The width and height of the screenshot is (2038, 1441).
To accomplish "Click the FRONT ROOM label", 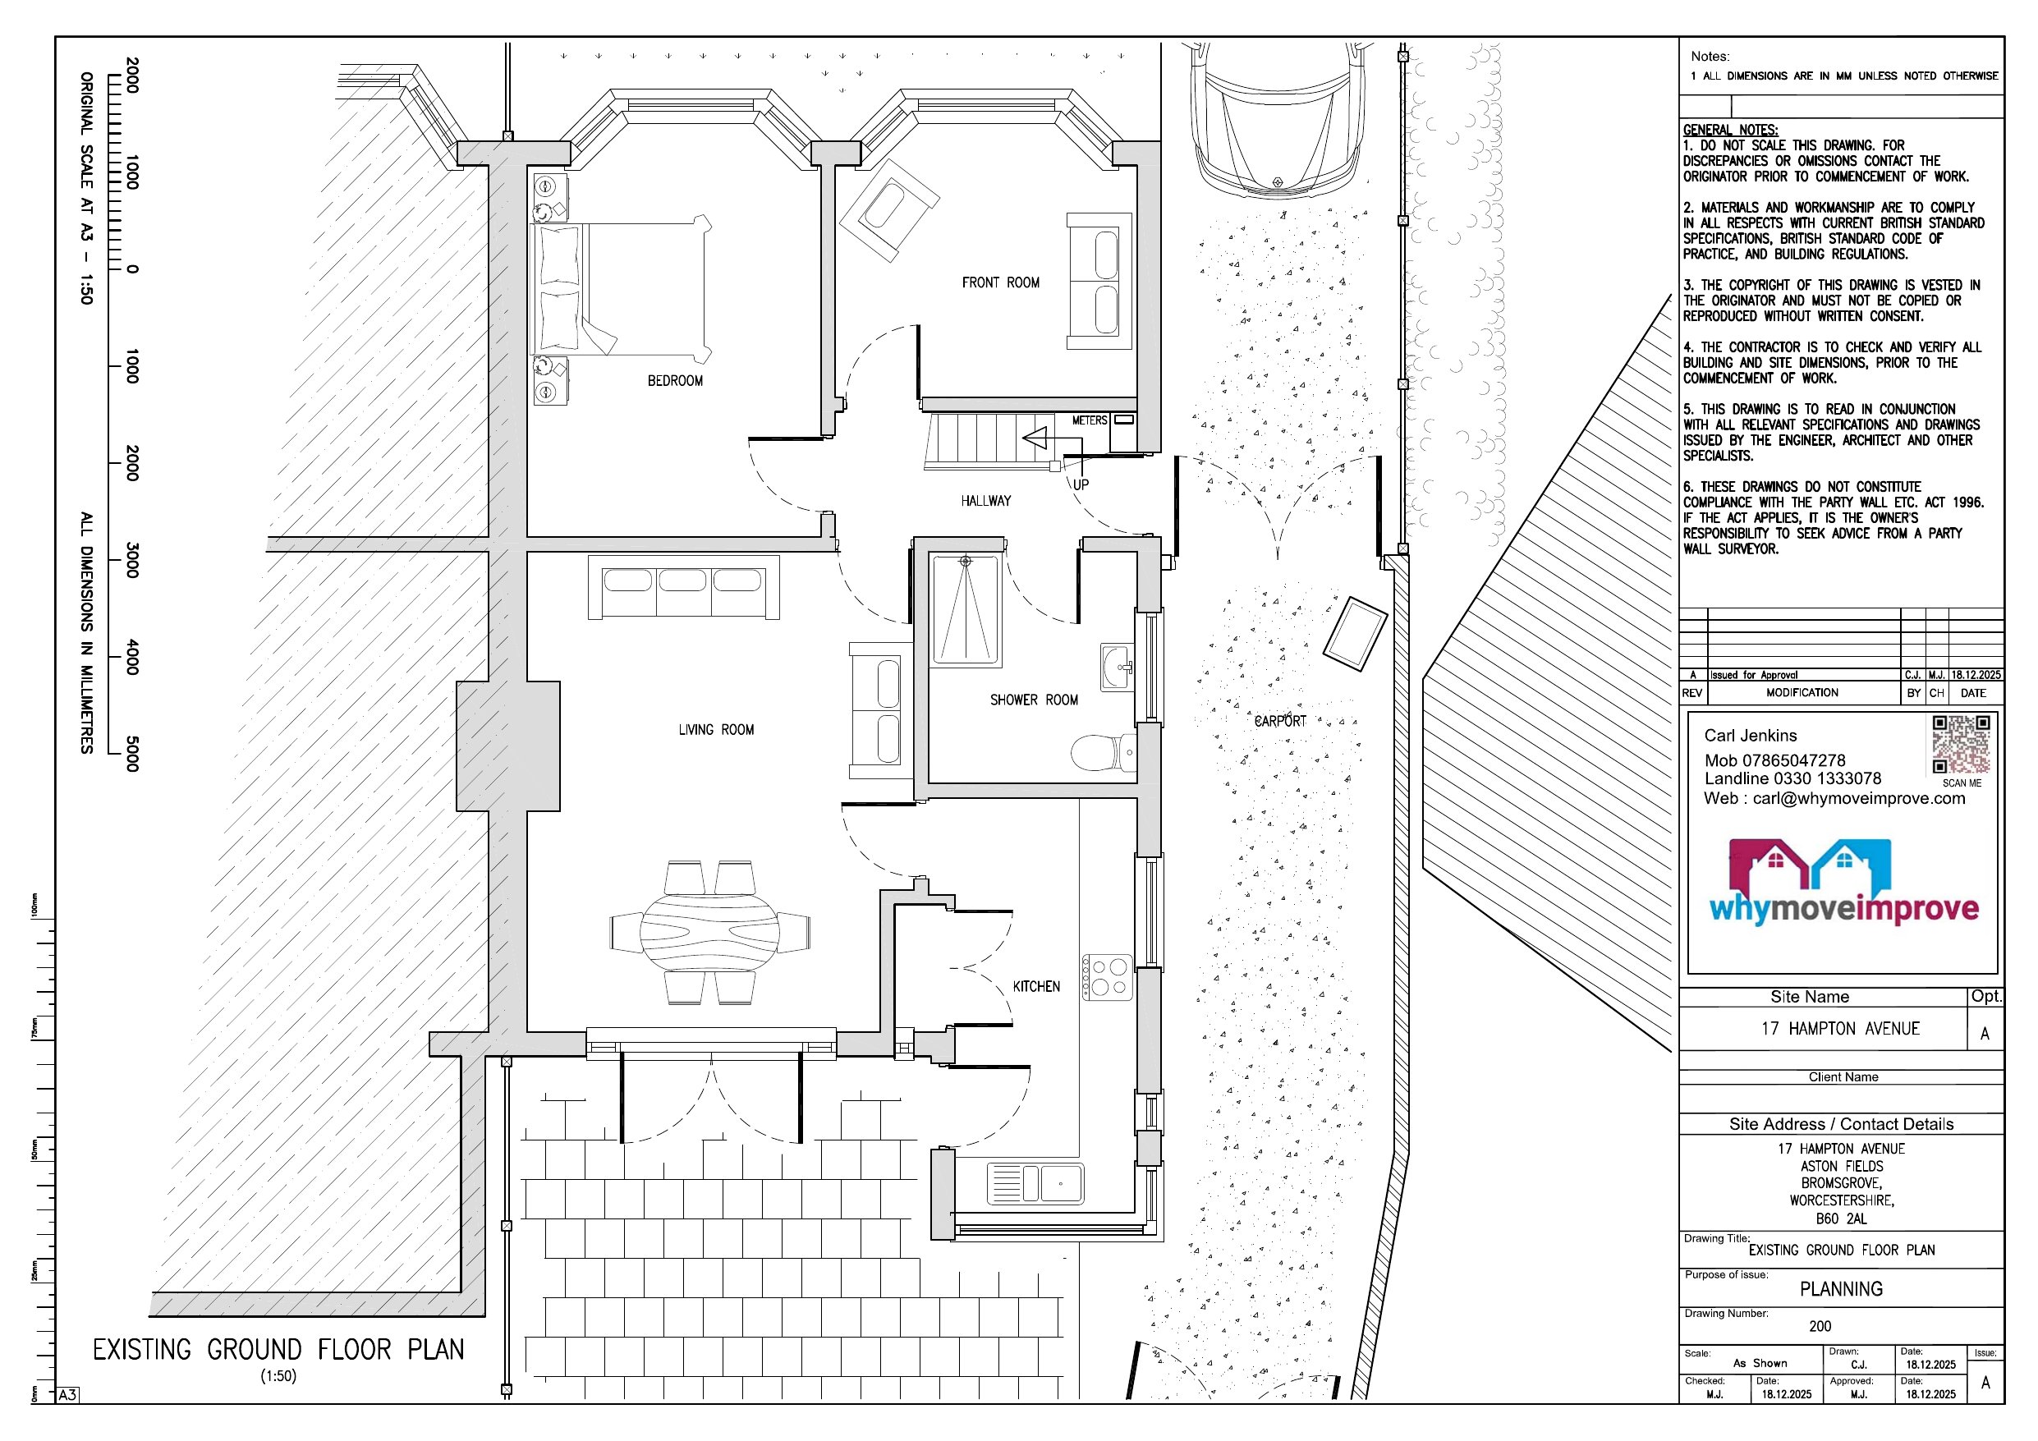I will [1000, 282].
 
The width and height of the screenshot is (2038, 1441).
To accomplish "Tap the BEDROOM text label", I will [675, 381].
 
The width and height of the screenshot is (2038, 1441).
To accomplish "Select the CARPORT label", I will [1279, 721].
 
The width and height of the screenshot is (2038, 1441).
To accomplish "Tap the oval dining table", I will [709, 932].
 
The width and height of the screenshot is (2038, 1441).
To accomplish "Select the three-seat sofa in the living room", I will [682, 586].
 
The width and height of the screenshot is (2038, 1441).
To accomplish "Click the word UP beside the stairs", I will [1081, 484].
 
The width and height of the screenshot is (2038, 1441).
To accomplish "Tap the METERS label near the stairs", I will [1089, 420].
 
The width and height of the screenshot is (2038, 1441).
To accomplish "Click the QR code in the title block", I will [1961, 745].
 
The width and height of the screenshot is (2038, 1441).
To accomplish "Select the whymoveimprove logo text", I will [1843, 908].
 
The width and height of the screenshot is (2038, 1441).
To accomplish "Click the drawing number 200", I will [1820, 1325].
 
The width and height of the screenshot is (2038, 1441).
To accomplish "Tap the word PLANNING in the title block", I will [1840, 1288].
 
